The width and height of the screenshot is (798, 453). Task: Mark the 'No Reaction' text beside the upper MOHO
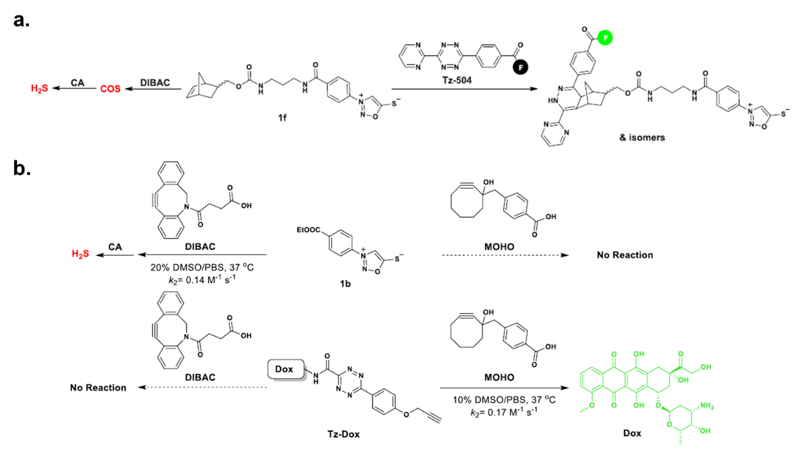[x=625, y=255]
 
